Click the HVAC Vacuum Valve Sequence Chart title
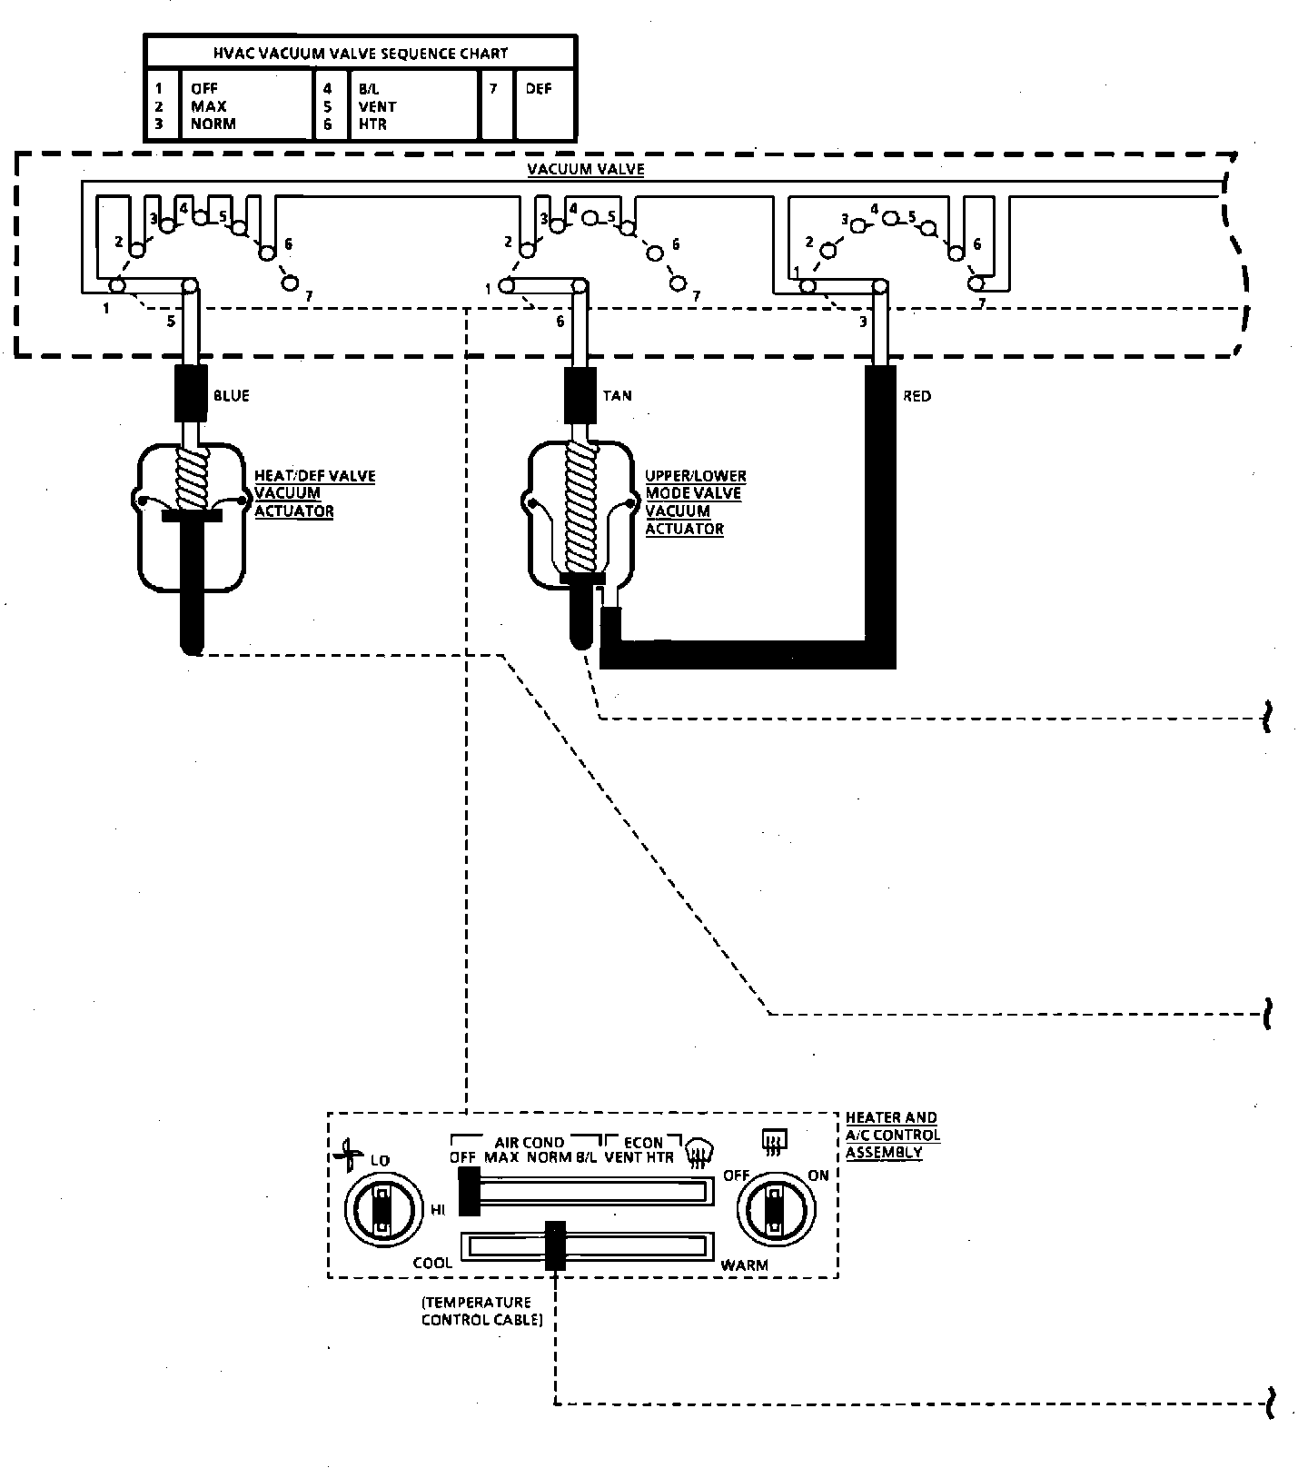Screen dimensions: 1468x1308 (360, 53)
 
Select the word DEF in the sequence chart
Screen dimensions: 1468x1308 (538, 89)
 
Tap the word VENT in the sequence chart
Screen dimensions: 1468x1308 (377, 106)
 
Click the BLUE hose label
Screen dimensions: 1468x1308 (232, 396)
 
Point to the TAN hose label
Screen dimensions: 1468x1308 (618, 395)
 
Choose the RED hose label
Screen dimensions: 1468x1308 (917, 396)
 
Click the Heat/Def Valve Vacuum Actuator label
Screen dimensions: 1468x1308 (314, 493)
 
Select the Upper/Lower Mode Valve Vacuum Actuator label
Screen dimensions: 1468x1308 (696, 502)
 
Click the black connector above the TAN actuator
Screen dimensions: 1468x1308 (580, 394)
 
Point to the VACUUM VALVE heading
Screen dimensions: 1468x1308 (586, 170)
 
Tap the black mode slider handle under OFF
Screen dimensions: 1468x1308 (469, 1191)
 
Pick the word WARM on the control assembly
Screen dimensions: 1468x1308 (744, 1265)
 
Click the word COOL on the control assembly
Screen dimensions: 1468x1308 (432, 1264)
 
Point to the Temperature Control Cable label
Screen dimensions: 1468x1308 (481, 1311)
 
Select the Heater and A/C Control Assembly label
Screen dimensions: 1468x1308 (892, 1135)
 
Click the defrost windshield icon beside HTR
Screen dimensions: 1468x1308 (699, 1150)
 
